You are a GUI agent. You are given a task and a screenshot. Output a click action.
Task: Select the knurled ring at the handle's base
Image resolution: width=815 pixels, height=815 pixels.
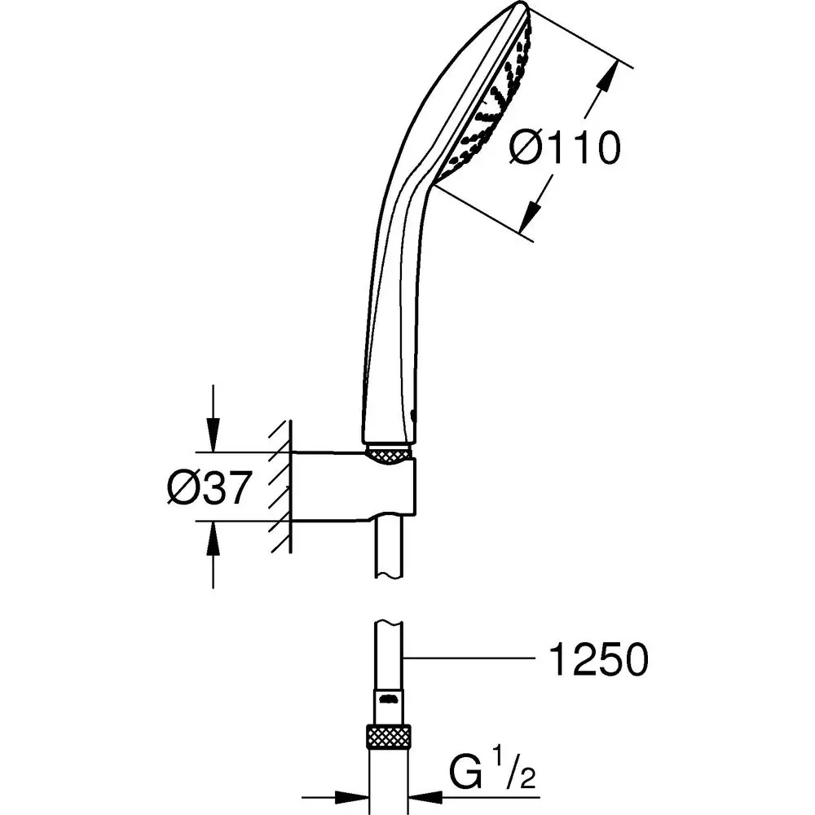(390, 452)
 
